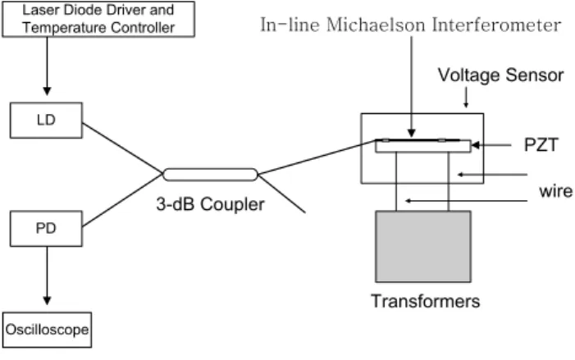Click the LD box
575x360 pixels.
point(46,121)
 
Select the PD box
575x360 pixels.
point(46,229)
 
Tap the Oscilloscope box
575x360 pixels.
point(47,330)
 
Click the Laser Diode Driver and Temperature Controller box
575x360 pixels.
point(98,19)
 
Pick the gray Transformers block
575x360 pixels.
point(423,246)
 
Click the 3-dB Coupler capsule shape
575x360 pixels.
point(210,175)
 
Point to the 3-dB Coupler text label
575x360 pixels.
point(210,204)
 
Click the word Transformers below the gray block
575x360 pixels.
point(426,301)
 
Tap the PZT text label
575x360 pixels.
point(541,145)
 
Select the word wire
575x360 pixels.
point(555,191)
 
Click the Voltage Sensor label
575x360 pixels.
point(500,75)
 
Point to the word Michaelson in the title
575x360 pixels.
point(376,25)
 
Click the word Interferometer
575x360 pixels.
point(496,25)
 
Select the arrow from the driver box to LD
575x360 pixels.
point(47,66)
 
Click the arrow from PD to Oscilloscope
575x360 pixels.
point(47,276)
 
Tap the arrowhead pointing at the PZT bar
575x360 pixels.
point(476,145)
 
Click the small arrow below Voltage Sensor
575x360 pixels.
point(466,97)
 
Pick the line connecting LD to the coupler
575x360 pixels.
point(122,148)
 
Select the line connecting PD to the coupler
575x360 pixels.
point(122,201)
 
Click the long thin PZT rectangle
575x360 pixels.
point(423,146)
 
